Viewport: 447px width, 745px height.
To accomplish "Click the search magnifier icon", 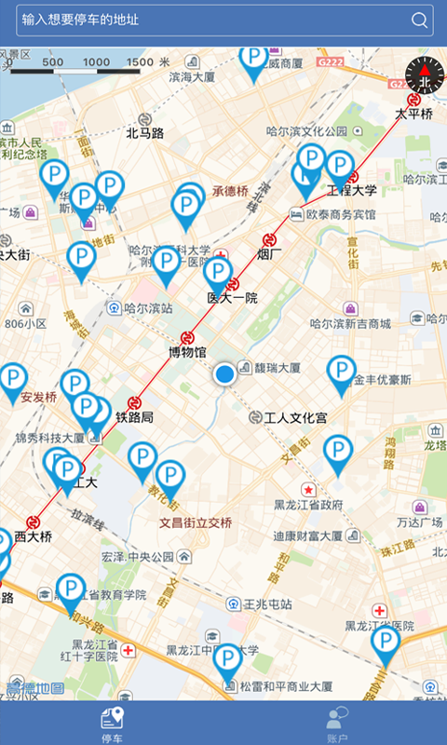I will point(420,20).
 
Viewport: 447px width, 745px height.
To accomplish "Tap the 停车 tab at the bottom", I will point(112,723).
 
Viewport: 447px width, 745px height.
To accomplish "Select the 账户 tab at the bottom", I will point(335,723).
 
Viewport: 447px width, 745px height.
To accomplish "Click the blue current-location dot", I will point(224,374).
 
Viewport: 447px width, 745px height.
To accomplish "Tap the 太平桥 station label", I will point(413,114).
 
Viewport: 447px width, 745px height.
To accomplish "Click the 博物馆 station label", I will point(186,352).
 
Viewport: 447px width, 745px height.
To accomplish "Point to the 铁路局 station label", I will point(134,418).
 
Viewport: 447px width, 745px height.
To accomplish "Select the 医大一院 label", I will point(232,298).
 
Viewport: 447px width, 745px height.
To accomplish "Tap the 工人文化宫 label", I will point(295,418).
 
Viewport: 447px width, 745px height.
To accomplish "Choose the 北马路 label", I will point(144,133).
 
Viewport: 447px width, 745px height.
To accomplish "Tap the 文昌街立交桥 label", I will point(195,522).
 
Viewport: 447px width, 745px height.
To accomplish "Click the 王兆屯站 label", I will point(267,603).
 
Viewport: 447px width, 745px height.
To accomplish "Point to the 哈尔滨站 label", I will point(149,307).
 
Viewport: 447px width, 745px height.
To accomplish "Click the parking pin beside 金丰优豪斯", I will point(342,373).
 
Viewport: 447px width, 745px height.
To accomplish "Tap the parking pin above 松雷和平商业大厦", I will point(227,661).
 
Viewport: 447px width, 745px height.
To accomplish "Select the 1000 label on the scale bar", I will point(96,62).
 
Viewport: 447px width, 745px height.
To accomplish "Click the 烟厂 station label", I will point(270,253).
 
